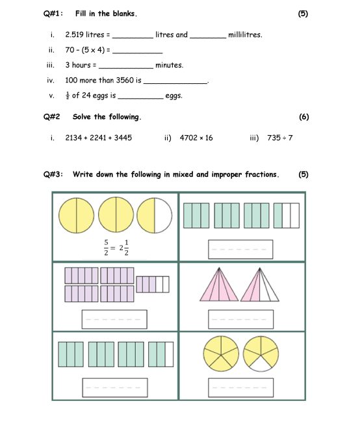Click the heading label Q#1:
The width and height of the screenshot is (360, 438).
point(53,14)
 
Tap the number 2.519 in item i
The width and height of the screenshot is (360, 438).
point(74,34)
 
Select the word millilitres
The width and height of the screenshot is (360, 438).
point(245,34)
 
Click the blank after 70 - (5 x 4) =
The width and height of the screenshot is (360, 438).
point(137,53)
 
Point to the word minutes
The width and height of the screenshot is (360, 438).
point(169,65)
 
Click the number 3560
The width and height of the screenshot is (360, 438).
point(125,80)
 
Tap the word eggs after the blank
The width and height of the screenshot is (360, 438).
point(174,96)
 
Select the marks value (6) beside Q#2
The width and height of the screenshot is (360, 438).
point(304,117)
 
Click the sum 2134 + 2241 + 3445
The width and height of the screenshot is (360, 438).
point(99,138)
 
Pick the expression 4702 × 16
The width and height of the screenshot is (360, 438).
point(196,138)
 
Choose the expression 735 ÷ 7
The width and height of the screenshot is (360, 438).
point(280,138)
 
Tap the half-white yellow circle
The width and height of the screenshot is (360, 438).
point(155,215)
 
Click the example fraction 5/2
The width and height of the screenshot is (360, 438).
point(106,248)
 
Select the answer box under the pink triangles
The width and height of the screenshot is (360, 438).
point(240,319)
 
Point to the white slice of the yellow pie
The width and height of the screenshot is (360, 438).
point(261,364)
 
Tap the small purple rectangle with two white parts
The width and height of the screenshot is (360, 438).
point(153,285)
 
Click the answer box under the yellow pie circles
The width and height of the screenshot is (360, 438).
point(240,387)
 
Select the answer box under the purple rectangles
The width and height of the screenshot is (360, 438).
point(114,319)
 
